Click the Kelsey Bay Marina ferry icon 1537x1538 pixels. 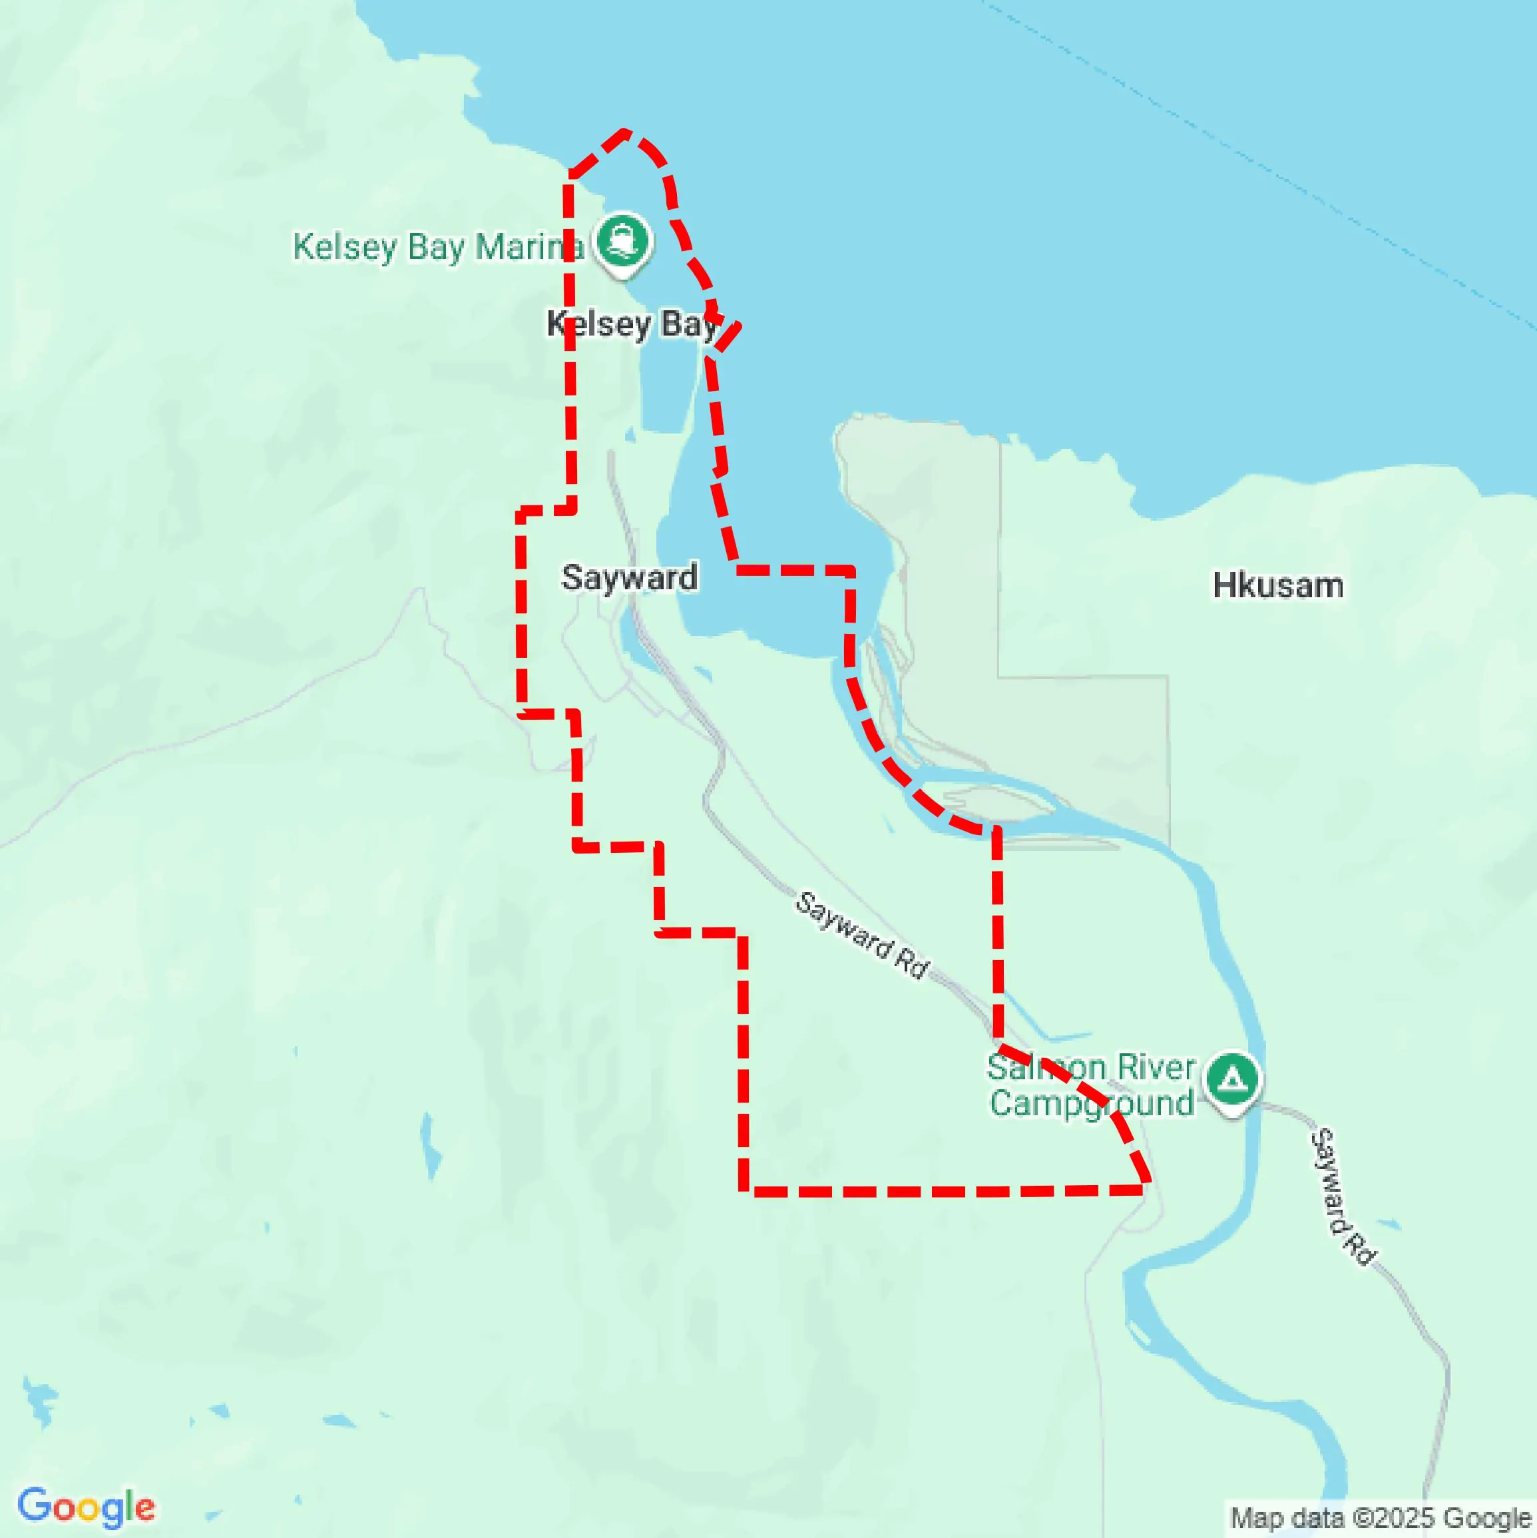pos(622,240)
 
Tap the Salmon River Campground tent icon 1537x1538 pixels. pos(1232,1080)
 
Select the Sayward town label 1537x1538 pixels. pos(629,577)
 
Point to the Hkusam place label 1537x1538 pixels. pos(1277,586)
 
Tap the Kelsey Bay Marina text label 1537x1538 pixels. pos(438,247)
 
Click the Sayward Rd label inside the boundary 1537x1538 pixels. pos(862,935)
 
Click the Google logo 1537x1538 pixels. pos(86,1507)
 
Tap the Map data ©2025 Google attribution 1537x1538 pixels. pos(1382,1517)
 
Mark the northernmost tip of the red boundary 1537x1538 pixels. pos(626,132)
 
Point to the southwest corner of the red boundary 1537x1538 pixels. pos(744,1191)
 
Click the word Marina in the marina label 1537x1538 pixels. pos(529,247)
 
